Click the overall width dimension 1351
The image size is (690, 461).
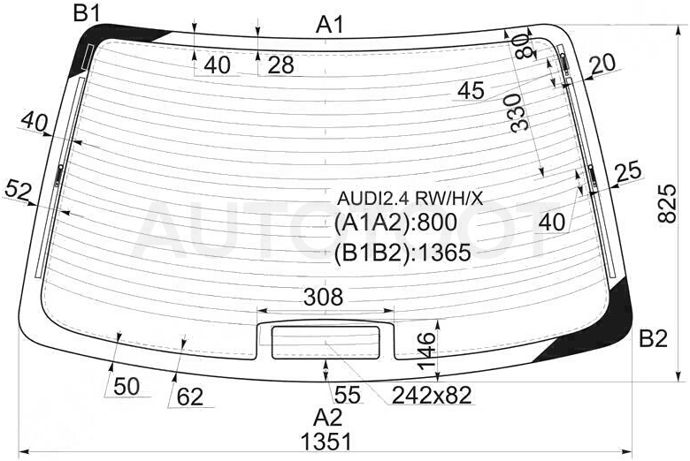tap(326, 442)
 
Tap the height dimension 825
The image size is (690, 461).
tap(667, 203)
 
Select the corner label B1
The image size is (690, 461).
tap(87, 13)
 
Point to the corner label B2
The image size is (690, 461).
tap(654, 338)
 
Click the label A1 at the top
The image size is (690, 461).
tap(330, 25)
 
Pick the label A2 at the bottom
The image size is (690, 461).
tap(328, 417)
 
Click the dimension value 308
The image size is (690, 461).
tap(323, 297)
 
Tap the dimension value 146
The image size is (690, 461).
tap(427, 351)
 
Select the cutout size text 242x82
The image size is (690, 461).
tap(432, 395)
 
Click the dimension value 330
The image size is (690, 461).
tap(520, 112)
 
